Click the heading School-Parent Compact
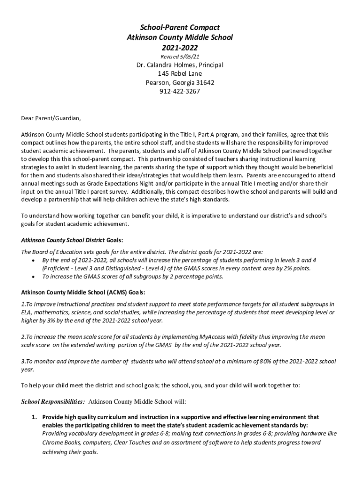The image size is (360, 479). (180, 28)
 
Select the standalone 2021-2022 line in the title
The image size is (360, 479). (180, 47)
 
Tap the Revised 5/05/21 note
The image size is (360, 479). (180, 57)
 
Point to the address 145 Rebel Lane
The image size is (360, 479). (180, 74)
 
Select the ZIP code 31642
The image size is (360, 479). (205, 83)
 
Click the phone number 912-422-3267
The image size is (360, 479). (180, 92)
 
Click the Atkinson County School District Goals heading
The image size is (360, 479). (72, 240)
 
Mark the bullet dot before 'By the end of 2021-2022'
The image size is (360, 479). (32, 260)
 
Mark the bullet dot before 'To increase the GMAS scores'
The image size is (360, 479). (32, 277)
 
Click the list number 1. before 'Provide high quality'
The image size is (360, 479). (35, 417)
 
